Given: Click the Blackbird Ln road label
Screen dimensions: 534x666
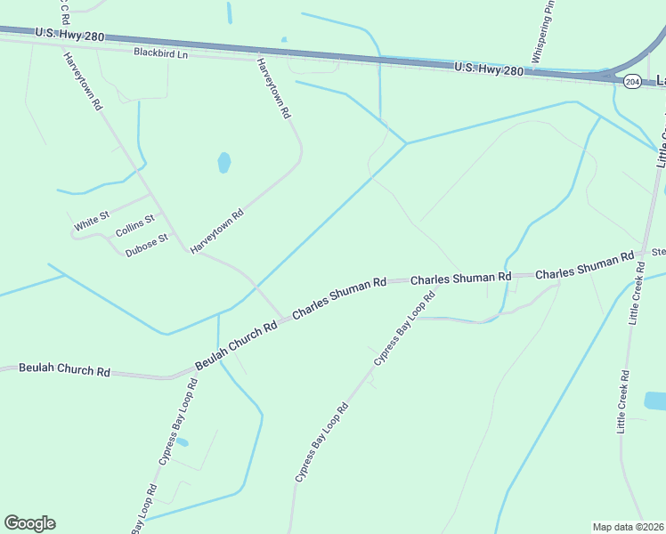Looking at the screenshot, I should click(161, 53).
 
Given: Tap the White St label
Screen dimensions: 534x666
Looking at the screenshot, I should click(92, 222).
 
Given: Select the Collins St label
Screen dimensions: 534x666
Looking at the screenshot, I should click(134, 226).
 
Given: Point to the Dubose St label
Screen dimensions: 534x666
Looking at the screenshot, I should click(147, 245).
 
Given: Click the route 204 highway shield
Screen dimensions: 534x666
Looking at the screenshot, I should click(632, 82).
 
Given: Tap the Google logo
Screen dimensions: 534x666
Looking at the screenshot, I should click(29, 523).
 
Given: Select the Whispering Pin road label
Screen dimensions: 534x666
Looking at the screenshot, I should click(544, 33).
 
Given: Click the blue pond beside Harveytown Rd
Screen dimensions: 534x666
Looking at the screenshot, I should click(223, 163).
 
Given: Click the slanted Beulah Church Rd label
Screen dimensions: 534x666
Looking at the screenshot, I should click(236, 343).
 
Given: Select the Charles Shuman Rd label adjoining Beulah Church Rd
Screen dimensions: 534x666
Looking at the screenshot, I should click(339, 297).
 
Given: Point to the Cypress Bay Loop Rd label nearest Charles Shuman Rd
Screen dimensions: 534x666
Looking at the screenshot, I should click(404, 328).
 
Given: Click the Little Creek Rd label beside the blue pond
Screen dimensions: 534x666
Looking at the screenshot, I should click(623, 401).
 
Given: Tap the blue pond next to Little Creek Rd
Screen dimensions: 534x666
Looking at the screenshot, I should click(654, 400).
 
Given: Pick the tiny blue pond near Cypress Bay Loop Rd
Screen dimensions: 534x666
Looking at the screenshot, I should click(183, 442).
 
